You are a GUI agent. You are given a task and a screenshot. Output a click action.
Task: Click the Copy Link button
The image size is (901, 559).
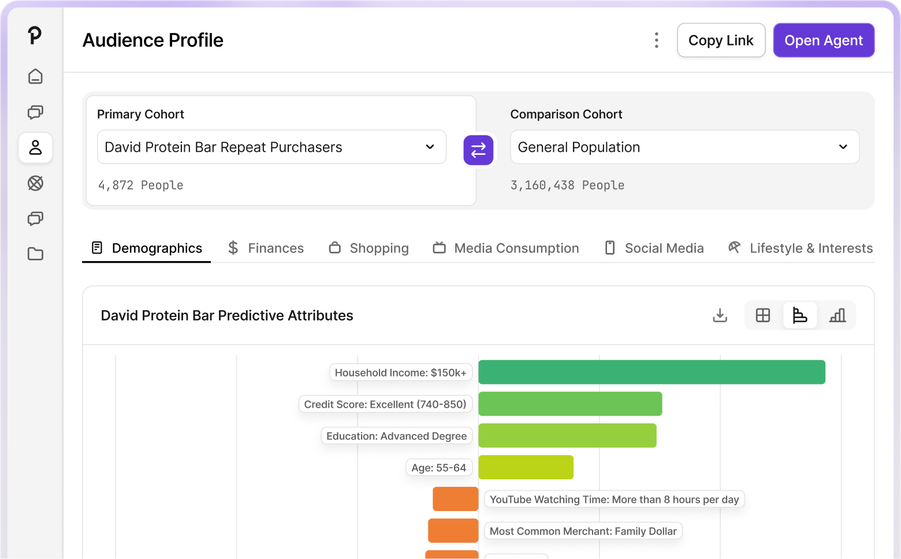721,40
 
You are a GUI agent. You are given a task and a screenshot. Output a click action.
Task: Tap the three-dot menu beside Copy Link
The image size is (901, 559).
657,40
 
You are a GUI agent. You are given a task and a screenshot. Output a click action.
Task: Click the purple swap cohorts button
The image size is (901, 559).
478,150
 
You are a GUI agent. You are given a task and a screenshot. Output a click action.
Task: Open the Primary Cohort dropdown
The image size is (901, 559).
271,147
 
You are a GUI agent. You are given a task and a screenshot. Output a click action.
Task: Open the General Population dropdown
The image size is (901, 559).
684,147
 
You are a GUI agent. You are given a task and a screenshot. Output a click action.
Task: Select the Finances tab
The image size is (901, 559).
266,248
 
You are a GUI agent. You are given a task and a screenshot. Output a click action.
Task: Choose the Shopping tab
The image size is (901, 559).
369,248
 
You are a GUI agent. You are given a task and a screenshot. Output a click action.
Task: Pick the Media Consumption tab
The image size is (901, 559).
505,248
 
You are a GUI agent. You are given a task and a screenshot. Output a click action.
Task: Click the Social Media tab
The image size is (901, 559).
654,248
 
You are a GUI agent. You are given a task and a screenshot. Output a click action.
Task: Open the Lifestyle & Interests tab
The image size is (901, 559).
801,248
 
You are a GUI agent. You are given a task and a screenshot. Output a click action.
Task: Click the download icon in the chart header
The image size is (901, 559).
720,315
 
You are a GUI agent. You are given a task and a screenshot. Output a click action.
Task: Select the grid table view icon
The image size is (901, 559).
762,315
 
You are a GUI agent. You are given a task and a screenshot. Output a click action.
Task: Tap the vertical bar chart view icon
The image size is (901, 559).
837,315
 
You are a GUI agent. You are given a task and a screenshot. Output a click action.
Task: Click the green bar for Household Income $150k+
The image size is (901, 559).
651,372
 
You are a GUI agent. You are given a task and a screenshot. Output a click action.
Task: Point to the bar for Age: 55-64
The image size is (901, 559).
526,467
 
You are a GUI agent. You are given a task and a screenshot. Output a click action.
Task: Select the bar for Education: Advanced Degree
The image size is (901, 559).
567,435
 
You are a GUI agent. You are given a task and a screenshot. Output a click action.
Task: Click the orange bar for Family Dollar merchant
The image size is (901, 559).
453,531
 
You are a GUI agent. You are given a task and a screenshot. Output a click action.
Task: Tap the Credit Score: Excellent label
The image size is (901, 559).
385,404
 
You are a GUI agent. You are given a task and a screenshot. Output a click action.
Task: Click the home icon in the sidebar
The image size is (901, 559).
35,76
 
